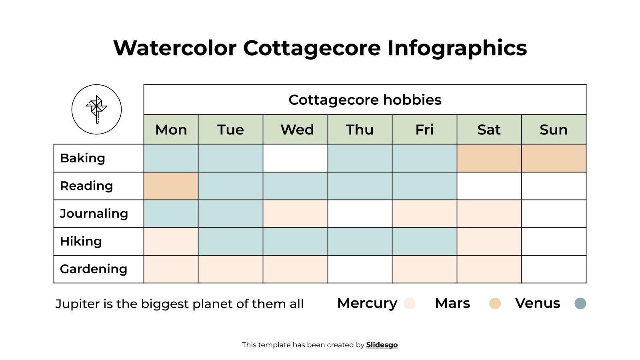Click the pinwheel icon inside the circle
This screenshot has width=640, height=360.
point(96,109)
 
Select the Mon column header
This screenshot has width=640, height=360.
point(171,130)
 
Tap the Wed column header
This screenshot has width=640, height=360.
point(297,130)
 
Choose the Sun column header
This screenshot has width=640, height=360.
point(554,130)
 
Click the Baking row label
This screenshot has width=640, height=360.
point(82,158)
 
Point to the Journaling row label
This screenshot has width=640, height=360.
point(94,214)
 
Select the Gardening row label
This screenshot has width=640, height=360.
point(94,269)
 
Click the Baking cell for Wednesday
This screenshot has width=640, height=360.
point(295,158)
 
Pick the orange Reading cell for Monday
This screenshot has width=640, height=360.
point(171,186)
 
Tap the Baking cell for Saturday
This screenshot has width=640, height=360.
point(489,158)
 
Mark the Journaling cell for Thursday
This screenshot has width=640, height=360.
point(360,214)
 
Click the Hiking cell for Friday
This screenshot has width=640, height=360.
point(424,241)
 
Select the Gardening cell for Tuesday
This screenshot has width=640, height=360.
point(230,269)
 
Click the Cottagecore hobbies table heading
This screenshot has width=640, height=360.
point(365,100)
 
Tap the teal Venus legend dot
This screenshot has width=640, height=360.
point(580,304)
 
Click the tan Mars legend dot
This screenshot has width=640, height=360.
point(495,304)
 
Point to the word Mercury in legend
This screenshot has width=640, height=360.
point(367,303)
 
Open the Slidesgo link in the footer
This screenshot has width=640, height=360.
point(382,345)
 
